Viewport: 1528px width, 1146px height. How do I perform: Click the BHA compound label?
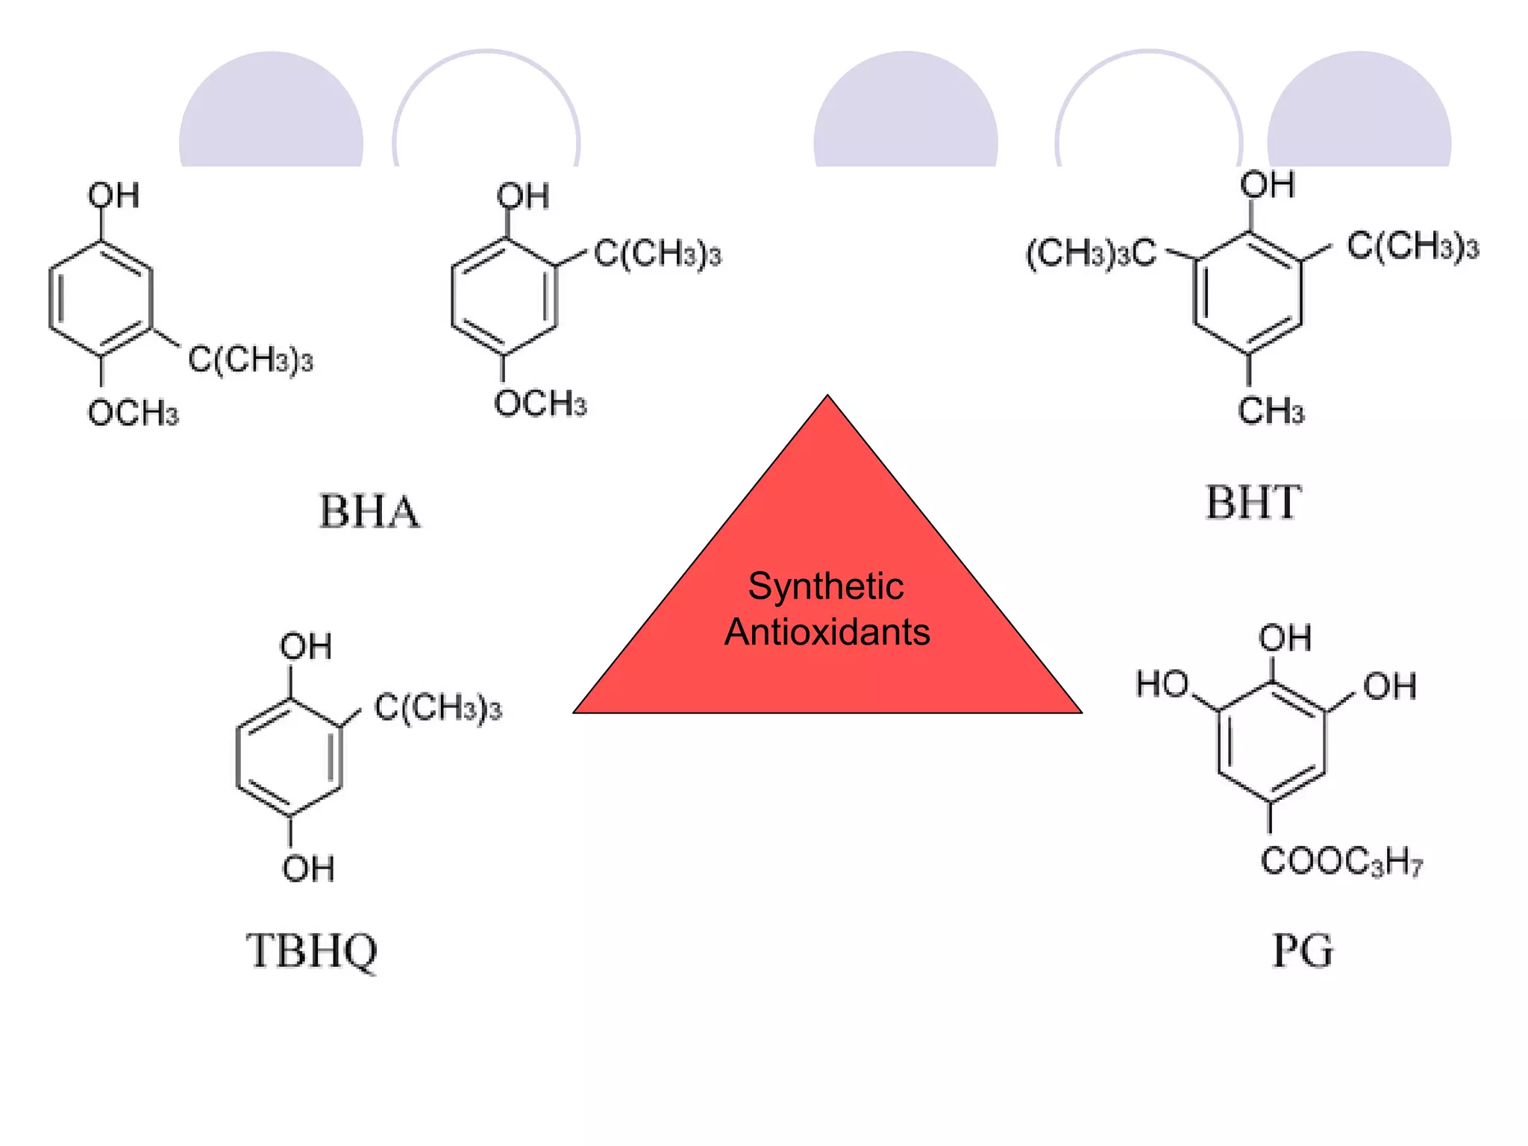tap(369, 512)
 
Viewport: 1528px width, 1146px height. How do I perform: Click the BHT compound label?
tap(1253, 502)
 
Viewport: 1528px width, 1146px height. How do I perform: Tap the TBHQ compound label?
tap(312, 951)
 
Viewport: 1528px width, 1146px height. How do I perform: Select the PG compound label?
tap(1302, 951)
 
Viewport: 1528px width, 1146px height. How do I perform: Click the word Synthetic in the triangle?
tap(826, 586)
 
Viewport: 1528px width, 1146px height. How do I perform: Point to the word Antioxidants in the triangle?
tap(827, 632)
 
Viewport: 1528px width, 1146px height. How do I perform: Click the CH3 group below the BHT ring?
tap(1271, 411)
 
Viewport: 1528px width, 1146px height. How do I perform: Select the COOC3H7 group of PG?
tap(1341, 861)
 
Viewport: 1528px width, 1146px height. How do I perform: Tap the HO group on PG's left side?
tap(1162, 683)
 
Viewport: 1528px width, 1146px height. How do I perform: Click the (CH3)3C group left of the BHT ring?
tap(1091, 254)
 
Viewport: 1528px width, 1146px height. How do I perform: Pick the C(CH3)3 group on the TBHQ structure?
tap(438, 707)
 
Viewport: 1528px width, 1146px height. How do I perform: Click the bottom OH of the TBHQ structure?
tap(307, 868)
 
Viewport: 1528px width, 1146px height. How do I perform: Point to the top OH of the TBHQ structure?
tap(305, 646)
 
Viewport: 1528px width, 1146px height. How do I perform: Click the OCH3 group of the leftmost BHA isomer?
tap(133, 413)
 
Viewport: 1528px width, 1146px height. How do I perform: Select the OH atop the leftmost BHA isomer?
tap(113, 195)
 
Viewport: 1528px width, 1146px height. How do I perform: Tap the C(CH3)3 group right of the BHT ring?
tap(1412, 245)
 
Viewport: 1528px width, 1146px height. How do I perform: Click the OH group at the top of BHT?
tap(1267, 184)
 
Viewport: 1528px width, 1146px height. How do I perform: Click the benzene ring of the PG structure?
tap(1272, 742)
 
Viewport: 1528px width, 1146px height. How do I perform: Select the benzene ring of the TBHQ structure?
tap(289, 757)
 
